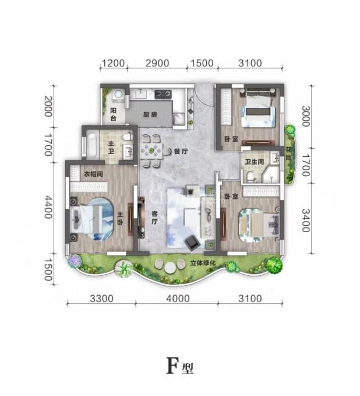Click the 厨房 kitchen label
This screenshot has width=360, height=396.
pyautogui.click(x=150, y=115)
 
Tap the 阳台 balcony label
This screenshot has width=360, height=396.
pyautogui.click(x=114, y=114)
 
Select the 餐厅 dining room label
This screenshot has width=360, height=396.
pyautogui.click(x=181, y=152)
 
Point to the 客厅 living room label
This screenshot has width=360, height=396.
pyautogui.click(x=154, y=218)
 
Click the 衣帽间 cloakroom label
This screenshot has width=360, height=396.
pyautogui.click(x=93, y=174)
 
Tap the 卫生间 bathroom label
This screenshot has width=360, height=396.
pyautogui.click(x=254, y=162)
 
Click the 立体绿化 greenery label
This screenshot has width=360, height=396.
pyautogui.click(x=203, y=263)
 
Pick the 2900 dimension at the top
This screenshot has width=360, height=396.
pyautogui.click(x=157, y=63)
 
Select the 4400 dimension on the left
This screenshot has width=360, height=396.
pyautogui.click(x=48, y=207)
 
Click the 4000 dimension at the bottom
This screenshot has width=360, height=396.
pyautogui.click(x=178, y=299)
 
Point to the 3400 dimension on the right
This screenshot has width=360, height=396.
pyautogui.click(x=306, y=220)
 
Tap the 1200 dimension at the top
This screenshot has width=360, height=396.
pyautogui.click(x=113, y=63)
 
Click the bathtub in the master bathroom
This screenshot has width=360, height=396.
pyautogui.click(x=92, y=146)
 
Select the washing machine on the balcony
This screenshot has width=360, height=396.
pyautogui.click(x=118, y=95)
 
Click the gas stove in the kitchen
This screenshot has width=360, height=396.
pyautogui.click(x=163, y=94)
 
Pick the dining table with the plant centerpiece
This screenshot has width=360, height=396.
pyautogui.click(x=151, y=151)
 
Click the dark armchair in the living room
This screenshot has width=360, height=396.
pyautogui.click(x=192, y=242)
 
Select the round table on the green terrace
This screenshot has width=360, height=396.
pyautogui.click(x=170, y=268)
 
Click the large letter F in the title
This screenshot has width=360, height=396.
pyautogui.click(x=172, y=366)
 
